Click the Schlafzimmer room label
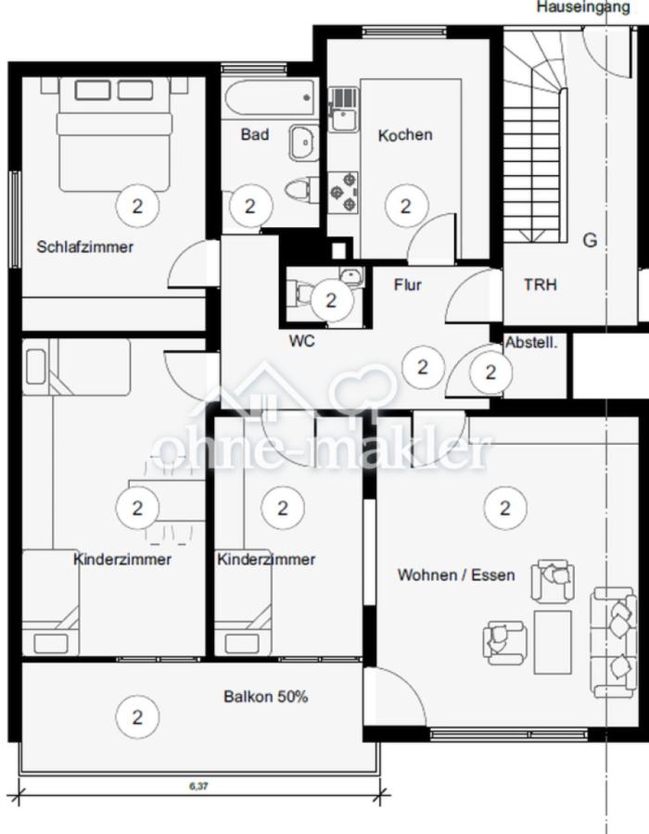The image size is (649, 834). [x=85, y=247]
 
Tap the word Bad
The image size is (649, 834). [x=255, y=135]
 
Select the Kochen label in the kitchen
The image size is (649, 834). [x=405, y=135]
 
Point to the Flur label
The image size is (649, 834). [x=407, y=284]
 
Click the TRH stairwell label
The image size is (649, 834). [x=541, y=285]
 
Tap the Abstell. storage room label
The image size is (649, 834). [x=531, y=343]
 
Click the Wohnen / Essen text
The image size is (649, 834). [x=456, y=575]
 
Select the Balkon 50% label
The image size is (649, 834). [x=265, y=696]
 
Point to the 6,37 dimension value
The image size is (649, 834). [x=198, y=786]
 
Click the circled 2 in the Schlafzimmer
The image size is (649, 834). [x=138, y=206]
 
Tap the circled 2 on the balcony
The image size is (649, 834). [x=138, y=716]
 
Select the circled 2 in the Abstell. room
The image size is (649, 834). [x=490, y=373]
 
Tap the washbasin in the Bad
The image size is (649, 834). [x=302, y=143]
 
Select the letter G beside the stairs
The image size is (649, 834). [x=590, y=241]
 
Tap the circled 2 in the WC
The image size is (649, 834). [x=331, y=299]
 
